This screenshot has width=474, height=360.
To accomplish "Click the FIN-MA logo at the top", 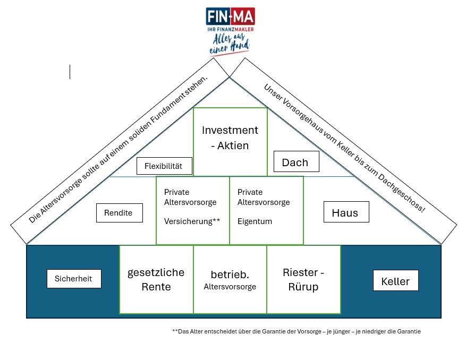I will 230,16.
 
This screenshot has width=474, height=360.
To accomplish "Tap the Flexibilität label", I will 163,166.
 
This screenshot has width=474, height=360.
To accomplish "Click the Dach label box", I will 296,162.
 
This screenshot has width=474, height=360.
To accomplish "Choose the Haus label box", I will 346,213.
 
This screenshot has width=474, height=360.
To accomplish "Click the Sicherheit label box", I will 74,278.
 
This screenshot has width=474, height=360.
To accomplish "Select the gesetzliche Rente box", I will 156,279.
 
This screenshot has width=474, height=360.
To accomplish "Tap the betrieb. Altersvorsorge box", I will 230,280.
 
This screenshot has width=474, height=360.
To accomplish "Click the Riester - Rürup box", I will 303,279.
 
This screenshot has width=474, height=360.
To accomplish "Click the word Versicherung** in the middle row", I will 192,221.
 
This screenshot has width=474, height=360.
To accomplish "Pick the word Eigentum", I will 255,221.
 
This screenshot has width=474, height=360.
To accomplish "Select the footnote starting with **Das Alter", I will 296,331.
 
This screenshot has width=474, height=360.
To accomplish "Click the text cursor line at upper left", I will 70,72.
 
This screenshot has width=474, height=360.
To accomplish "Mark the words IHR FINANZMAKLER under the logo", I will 230,29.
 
